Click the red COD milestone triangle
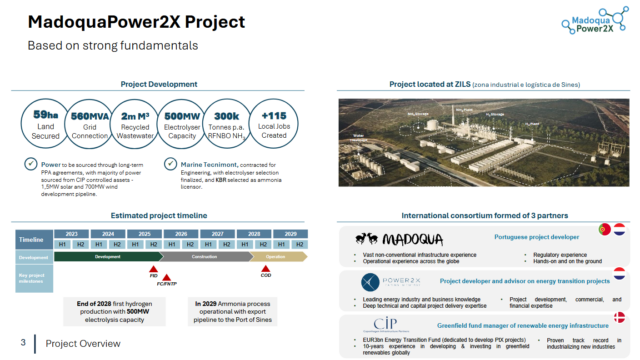(265, 270)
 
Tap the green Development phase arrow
(99, 257)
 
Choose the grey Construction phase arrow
(199, 257)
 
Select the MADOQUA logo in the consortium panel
(400, 238)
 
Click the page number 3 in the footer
(22, 345)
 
